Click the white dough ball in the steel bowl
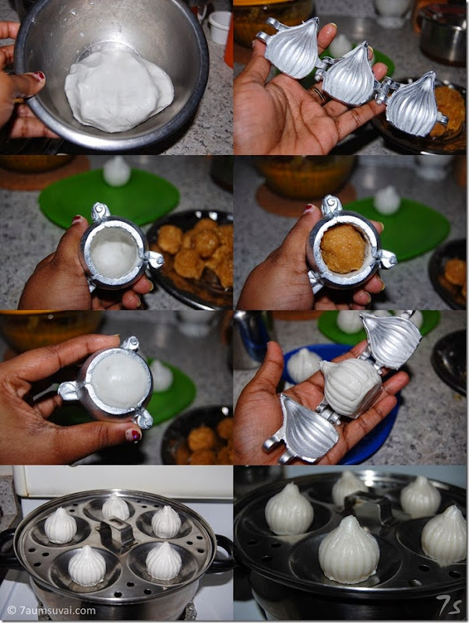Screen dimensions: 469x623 (x=119, y=92)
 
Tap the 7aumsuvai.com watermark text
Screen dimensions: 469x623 (x=51, y=611)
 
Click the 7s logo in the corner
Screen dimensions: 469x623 (x=449, y=606)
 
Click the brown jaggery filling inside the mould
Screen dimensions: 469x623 (x=343, y=248)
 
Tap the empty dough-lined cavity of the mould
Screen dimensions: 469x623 (x=113, y=252)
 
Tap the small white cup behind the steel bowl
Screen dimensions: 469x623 (x=219, y=27)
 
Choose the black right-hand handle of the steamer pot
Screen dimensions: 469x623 (x=223, y=553)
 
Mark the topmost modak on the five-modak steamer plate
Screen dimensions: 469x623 (x=115, y=507)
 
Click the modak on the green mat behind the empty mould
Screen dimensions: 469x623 (x=116, y=171)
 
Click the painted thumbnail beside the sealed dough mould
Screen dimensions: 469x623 (x=133, y=435)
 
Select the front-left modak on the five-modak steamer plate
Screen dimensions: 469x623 (x=86, y=565)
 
